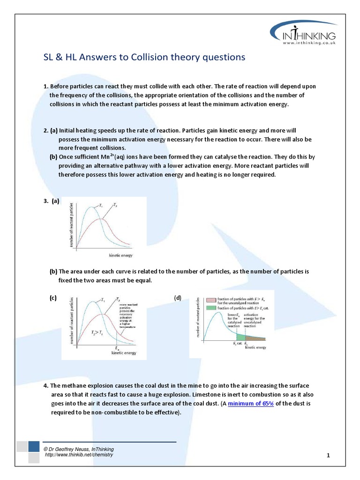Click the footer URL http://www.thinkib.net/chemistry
[79, 455]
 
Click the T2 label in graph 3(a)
[115, 205]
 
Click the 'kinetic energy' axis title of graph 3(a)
[120, 256]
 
